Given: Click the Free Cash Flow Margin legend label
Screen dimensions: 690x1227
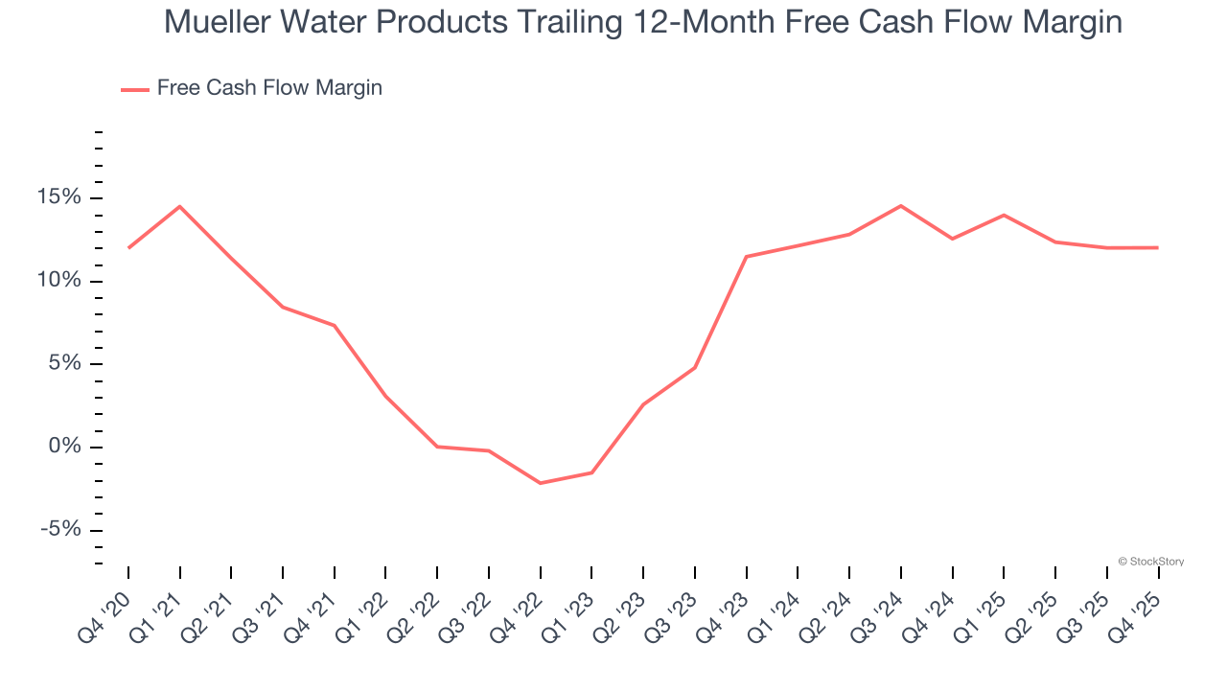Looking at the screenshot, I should [269, 88].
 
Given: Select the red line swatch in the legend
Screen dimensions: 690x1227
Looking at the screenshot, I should [134, 89].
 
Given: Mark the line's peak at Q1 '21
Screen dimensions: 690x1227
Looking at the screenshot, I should [180, 206].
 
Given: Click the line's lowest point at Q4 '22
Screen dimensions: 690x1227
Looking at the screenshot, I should [541, 483].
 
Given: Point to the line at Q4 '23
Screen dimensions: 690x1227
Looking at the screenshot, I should [746, 257].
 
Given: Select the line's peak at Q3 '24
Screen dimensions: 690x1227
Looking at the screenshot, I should [901, 206].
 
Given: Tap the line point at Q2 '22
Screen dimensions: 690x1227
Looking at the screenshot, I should [437, 447].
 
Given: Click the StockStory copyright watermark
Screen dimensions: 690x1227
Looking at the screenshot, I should [1150, 562].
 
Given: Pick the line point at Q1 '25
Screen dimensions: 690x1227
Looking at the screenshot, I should [1004, 215].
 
